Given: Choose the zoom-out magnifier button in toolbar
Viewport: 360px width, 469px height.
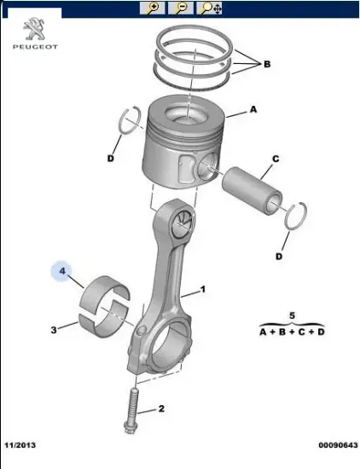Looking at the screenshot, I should [x=181, y=9].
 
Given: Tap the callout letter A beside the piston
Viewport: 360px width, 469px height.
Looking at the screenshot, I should [x=253, y=109].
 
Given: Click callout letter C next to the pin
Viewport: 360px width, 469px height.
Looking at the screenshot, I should [x=276, y=159].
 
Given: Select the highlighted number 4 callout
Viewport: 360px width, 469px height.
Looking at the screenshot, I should [x=62, y=271].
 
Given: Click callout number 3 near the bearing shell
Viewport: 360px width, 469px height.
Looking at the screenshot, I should [x=53, y=329].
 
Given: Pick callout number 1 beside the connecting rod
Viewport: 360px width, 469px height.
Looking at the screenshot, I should [x=203, y=290].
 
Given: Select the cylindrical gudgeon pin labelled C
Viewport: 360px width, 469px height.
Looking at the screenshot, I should [x=252, y=188].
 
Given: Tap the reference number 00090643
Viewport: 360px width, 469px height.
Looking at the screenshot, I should [x=337, y=444].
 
